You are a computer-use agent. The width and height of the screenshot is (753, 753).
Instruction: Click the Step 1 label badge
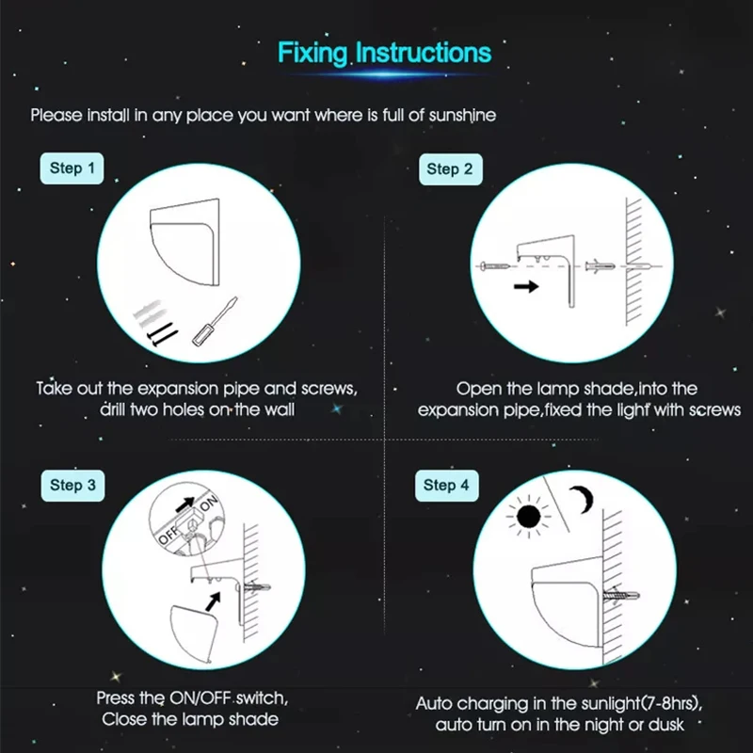72,168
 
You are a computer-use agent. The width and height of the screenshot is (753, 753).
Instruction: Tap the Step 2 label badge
451,169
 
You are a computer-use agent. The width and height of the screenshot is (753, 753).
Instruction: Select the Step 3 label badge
73,486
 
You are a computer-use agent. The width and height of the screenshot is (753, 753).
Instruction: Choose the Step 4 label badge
446,486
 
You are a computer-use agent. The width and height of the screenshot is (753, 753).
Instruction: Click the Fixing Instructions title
384,53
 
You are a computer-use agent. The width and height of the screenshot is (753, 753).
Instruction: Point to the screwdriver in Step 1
215,321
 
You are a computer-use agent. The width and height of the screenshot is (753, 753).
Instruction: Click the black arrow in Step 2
526,287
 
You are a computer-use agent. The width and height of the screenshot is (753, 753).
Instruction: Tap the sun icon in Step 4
529,517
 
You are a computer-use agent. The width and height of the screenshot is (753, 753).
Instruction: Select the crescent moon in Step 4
583,499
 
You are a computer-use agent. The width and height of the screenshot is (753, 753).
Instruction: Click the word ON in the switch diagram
209,504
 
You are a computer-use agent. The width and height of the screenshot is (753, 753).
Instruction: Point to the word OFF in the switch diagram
168,535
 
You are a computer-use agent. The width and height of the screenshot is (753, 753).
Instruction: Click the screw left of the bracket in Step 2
495,266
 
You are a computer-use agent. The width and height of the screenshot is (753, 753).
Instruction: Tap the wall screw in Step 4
621,596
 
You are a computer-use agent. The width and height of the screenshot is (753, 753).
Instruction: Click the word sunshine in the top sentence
462,116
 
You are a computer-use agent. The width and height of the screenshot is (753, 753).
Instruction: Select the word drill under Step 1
113,409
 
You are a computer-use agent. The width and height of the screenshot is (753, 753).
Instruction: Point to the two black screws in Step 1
162,334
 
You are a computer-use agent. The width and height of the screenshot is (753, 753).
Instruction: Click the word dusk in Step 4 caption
666,724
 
